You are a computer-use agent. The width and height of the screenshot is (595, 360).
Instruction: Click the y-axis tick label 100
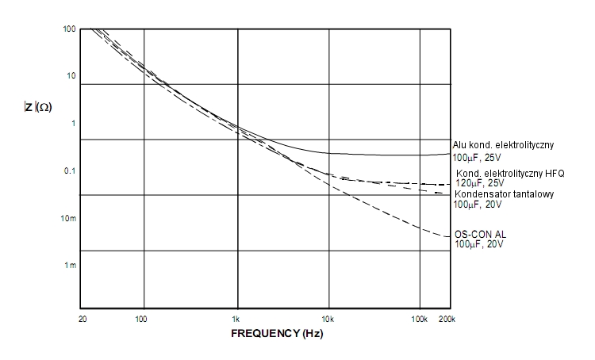(x=69, y=29)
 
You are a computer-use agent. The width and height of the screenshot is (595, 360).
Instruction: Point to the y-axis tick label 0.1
(x=69, y=171)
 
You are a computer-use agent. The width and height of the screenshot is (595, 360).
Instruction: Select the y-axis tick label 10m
(x=68, y=218)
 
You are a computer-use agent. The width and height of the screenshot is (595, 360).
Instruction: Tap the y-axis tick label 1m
(x=70, y=265)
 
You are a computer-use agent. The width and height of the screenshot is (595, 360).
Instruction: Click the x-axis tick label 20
(x=83, y=319)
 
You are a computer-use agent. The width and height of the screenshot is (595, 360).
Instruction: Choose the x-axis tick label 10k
(x=328, y=319)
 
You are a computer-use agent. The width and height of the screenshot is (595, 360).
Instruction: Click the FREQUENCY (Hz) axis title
(x=277, y=334)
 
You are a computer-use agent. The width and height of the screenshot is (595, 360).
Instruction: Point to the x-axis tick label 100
(x=142, y=319)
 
